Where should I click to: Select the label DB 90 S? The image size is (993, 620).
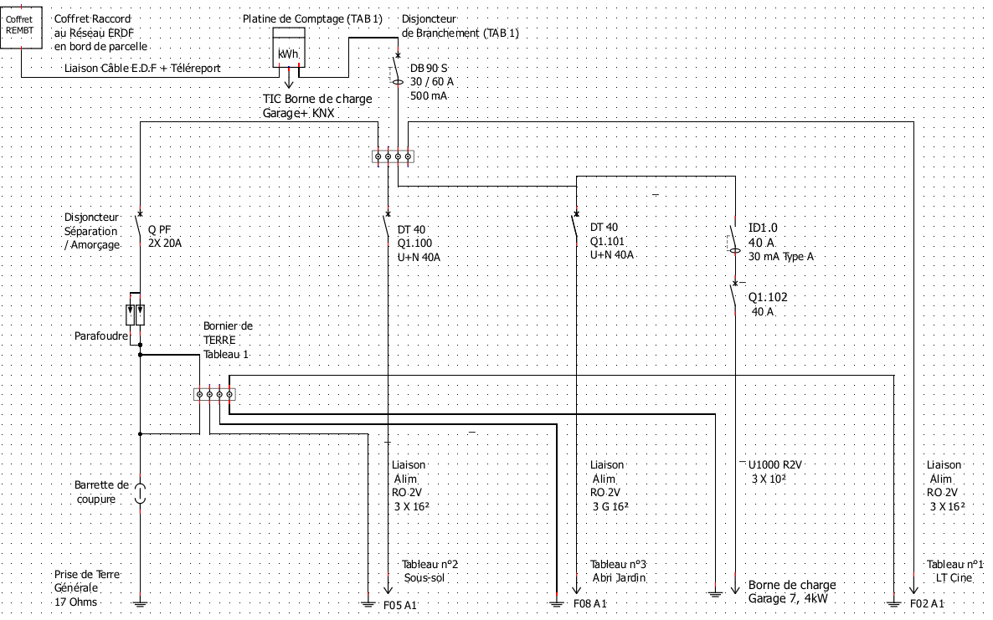pyautogui.click(x=429, y=67)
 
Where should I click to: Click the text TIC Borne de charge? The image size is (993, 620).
pyautogui.click(x=317, y=100)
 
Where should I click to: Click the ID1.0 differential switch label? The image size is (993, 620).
pyautogui.click(x=762, y=228)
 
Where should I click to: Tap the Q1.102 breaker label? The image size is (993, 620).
pyautogui.click(x=768, y=297)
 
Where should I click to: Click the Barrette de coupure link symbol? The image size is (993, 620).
pyautogui.click(x=140, y=492)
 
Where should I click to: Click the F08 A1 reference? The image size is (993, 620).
pyautogui.click(x=590, y=603)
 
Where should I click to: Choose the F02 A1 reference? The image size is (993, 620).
pyautogui.click(x=928, y=603)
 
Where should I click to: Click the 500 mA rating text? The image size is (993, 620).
pyautogui.click(x=429, y=96)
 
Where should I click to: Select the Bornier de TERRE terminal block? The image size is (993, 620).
pyautogui.click(x=214, y=394)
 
